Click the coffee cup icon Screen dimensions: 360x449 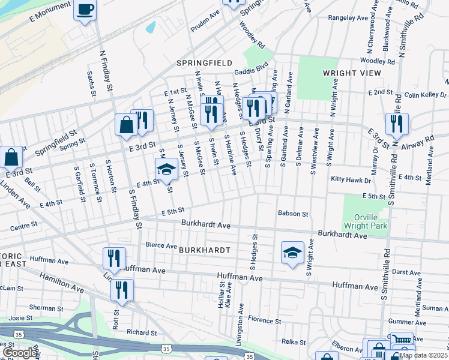tap(85, 10)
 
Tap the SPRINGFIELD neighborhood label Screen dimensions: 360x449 tap(200, 62)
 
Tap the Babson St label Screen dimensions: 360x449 tap(292, 213)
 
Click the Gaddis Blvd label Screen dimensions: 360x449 tap(251, 70)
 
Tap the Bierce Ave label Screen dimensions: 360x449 tap(161, 245)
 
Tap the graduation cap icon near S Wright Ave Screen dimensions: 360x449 tap(292, 252)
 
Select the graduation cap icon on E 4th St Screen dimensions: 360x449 tap(166, 170)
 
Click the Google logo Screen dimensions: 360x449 tap(20, 353)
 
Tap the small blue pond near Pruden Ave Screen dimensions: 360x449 tap(150, 27)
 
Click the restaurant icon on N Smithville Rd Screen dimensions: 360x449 tap(397, 124)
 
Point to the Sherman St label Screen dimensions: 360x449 tap(43, 307)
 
